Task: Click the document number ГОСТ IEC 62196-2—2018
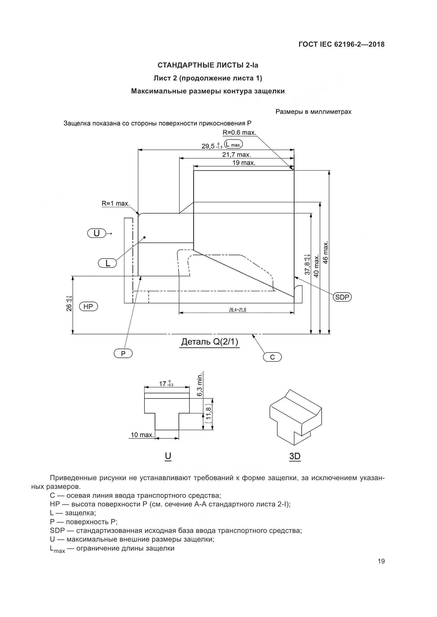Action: (341, 44)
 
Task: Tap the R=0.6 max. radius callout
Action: (239, 132)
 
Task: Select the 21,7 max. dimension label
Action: (236, 155)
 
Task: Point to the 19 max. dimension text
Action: (244, 162)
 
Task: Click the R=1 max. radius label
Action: (115, 203)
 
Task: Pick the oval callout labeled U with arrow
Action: (97, 233)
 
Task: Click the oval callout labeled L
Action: (107, 263)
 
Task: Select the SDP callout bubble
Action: (342, 297)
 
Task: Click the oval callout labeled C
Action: (272, 357)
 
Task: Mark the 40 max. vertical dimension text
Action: (317, 266)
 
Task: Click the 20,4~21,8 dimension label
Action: (237, 310)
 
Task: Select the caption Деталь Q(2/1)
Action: (210, 342)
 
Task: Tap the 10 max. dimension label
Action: (142, 435)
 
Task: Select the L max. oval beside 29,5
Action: (234, 144)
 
